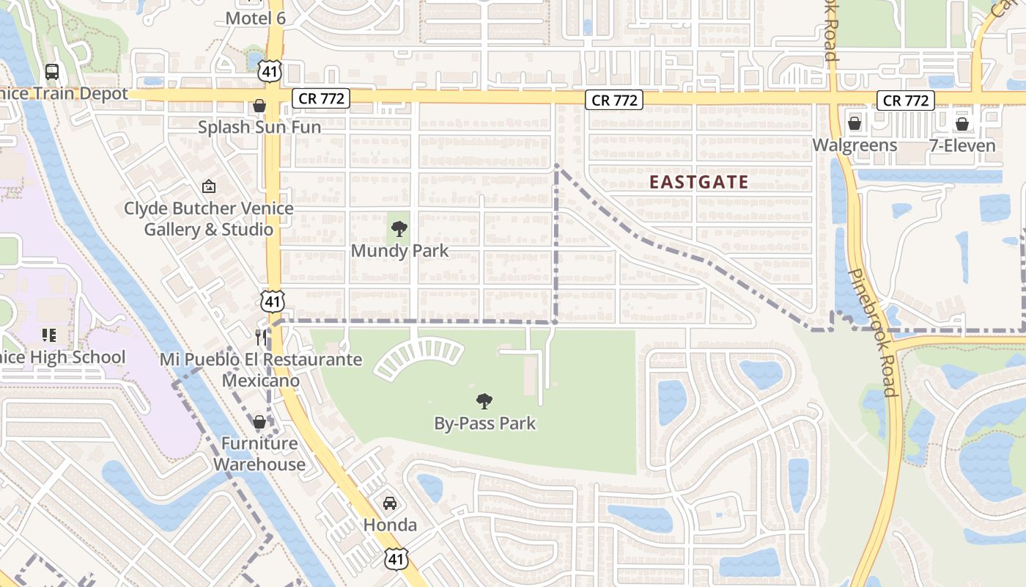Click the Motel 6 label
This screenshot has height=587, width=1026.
coord(255,18)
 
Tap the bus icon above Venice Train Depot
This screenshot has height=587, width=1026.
coord(52,72)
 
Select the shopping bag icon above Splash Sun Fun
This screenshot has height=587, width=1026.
coord(259,106)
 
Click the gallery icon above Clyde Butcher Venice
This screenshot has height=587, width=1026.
coord(209,187)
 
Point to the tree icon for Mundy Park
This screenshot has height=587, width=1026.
coord(399,229)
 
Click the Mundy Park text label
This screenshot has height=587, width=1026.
coord(399,251)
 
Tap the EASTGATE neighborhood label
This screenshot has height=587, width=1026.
coord(699,182)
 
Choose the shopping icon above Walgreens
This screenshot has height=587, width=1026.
coord(855,123)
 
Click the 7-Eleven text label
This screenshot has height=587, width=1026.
coord(962,145)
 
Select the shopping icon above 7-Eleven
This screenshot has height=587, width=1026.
coord(962,123)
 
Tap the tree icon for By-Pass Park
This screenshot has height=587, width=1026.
coord(484,401)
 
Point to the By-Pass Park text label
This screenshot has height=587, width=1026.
coord(484,423)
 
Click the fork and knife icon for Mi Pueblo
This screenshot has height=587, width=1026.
coord(262,337)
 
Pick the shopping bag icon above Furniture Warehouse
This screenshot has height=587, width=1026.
coord(259,422)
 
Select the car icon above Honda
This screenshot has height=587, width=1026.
coord(390,503)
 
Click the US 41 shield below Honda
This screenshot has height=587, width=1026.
coord(396,558)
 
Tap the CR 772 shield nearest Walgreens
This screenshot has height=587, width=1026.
coord(906,101)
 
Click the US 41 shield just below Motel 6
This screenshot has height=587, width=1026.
coord(270,70)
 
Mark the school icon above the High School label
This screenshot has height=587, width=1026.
coord(49,335)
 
